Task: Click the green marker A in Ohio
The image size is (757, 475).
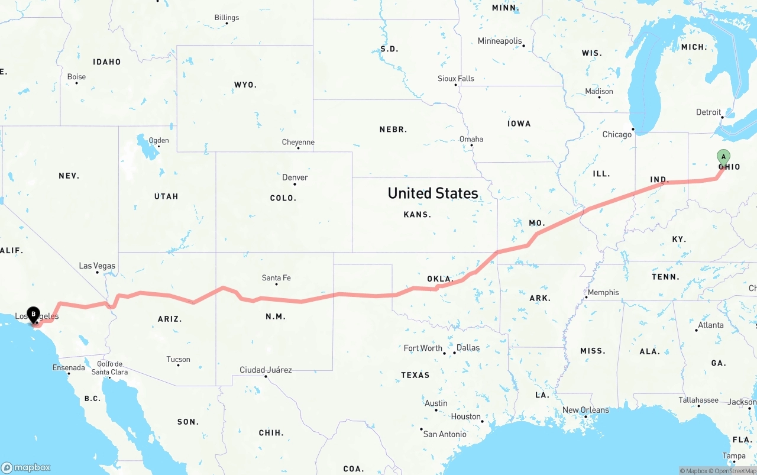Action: (723, 157)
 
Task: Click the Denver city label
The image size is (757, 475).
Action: (295, 177)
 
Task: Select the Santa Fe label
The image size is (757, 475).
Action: (276, 278)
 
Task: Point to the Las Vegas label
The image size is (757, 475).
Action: (97, 266)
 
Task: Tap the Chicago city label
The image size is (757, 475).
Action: (617, 135)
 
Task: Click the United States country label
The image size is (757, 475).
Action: (433, 193)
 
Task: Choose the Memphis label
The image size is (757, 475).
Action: (603, 292)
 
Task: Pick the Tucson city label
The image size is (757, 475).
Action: (178, 359)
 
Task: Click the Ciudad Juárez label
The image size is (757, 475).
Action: (266, 370)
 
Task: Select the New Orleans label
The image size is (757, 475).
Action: (585, 410)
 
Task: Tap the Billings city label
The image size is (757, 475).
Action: (227, 18)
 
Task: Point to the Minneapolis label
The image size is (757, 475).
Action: (500, 41)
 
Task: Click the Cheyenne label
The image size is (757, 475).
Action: (298, 143)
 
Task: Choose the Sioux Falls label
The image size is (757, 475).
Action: (456, 78)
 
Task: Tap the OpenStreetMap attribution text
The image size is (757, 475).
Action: (735, 471)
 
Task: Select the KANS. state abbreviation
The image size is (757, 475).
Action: (417, 214)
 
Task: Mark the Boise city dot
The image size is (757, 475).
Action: (77, 83)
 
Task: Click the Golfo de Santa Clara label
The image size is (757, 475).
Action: (110, 368)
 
